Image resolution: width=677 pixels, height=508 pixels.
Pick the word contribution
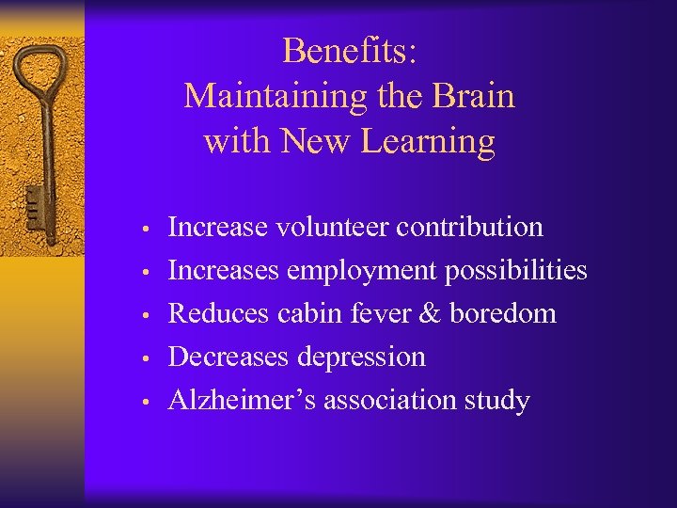point(469,228)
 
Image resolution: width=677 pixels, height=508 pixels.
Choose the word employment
point(361,271)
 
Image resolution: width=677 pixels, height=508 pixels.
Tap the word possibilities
point(516,271)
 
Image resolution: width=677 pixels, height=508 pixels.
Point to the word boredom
point(503,314)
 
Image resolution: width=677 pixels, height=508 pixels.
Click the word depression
point(362,357)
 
